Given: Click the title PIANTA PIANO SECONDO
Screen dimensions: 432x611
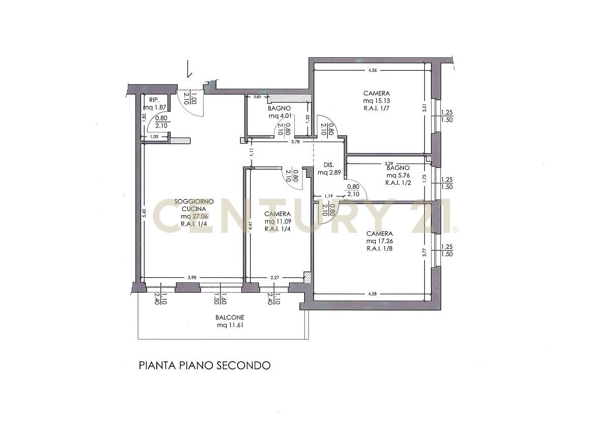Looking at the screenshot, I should point(204,366).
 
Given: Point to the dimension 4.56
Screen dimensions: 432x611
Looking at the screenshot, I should point(372,71).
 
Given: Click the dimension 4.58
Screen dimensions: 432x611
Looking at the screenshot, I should point(372,293).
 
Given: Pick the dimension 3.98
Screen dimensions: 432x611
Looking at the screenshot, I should point(192,278).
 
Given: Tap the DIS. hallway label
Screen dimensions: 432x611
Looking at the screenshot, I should point(328,165).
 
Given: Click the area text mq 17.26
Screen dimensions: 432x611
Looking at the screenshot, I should point(379,241).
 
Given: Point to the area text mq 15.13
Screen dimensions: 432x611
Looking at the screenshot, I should point(377,101).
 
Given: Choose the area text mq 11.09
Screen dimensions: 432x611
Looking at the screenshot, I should point(277,222).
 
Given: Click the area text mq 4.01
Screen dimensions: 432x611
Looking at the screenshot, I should point(279,116).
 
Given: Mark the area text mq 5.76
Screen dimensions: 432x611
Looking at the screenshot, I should point(398,175).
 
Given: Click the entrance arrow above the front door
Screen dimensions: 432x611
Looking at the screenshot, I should point(188,69).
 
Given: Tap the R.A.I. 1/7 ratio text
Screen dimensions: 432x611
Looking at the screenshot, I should point(377,109).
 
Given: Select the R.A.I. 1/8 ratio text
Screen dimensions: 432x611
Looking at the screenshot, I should point(379,249).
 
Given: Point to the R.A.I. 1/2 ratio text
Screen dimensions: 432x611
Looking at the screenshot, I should point(398,183).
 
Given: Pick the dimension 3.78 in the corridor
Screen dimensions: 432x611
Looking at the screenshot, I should point(295,142).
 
